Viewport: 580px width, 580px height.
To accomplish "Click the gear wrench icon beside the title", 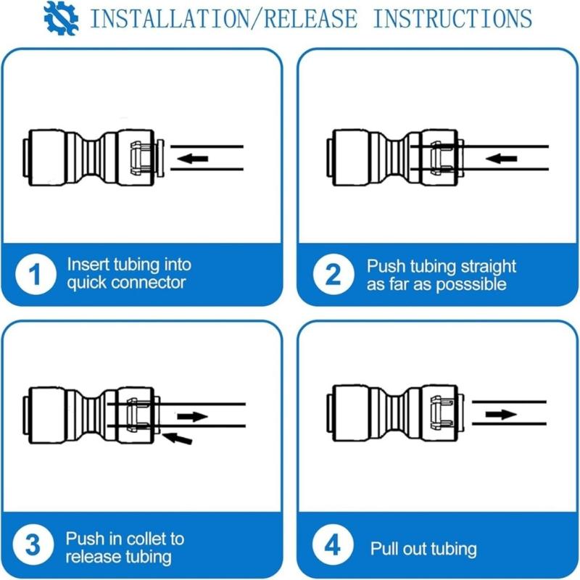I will pos(61,18).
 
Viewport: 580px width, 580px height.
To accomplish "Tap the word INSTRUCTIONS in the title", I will pos(451,18).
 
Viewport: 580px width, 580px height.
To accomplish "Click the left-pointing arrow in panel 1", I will pos(193,158).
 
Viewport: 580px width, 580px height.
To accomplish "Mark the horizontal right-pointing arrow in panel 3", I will pos(192,416).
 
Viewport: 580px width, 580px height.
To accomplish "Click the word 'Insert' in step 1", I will pos(87,265).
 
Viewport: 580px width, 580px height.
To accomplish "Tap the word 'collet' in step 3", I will pos(145,539).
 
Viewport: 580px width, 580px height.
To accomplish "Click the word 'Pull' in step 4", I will pos(385,549).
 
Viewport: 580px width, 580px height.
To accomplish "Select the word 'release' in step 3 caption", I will pos(91,557).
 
